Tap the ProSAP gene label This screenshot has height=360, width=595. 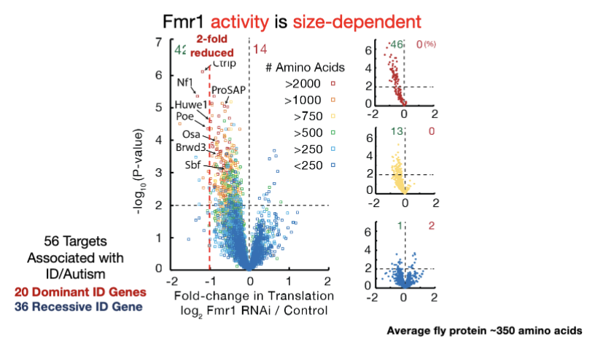pos(229,90)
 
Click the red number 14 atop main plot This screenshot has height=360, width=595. pos(260,49)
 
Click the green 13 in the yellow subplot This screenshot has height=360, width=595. pos(397,132)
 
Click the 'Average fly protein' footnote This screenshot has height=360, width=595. pos(484,330)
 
